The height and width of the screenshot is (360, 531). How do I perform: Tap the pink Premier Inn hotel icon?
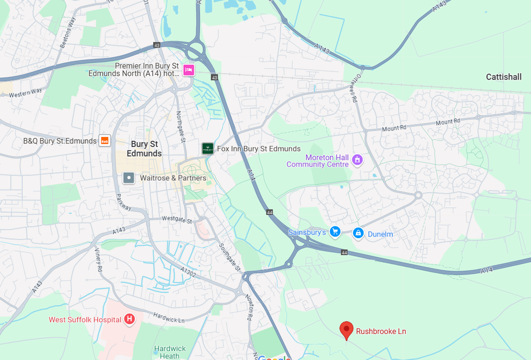(188, 70)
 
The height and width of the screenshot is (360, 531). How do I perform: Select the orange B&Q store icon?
(105, 141)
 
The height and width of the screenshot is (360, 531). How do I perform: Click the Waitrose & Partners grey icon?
(128, 178)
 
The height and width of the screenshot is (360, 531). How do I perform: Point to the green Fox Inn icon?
(207, 148)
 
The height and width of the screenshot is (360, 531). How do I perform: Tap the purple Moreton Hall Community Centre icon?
(357, 159)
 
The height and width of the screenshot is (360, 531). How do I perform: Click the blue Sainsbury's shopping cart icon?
(335, 232)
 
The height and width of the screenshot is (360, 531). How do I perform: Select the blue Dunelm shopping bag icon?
(358, 233)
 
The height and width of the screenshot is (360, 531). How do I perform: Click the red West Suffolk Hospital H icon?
(129, 319)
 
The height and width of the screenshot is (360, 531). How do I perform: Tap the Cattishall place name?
(503, 77)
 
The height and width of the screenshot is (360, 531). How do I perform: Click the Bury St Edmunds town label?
(144, 149)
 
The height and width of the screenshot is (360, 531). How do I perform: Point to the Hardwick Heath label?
(170, 352)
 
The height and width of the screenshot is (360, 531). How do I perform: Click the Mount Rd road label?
(394, 128)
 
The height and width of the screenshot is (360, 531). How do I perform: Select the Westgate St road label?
(177, 220)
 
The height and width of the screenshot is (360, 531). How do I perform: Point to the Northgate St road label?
(180, 127)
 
